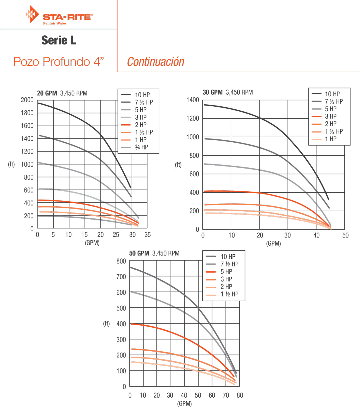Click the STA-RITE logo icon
coord(32,14)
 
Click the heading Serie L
coord(59,40)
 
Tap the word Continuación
coord(156,62)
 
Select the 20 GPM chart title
coord(62,93)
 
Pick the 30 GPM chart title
coord(227,92)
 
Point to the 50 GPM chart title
coord(154,253)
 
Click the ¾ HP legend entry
coord(141,147)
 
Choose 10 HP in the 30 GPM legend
coord(332,94)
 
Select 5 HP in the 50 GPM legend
coord(226,272)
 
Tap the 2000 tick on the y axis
coord(27,100)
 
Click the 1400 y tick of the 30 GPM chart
coord(193,100)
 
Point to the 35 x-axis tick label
coord(148,235)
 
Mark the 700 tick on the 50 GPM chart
coord(121,277)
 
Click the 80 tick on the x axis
coord(240,395)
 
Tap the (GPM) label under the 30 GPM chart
coord(273,243)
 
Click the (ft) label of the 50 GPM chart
coord(106,324)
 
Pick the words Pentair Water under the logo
coord(55,23)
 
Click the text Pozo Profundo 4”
coord(59,62)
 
